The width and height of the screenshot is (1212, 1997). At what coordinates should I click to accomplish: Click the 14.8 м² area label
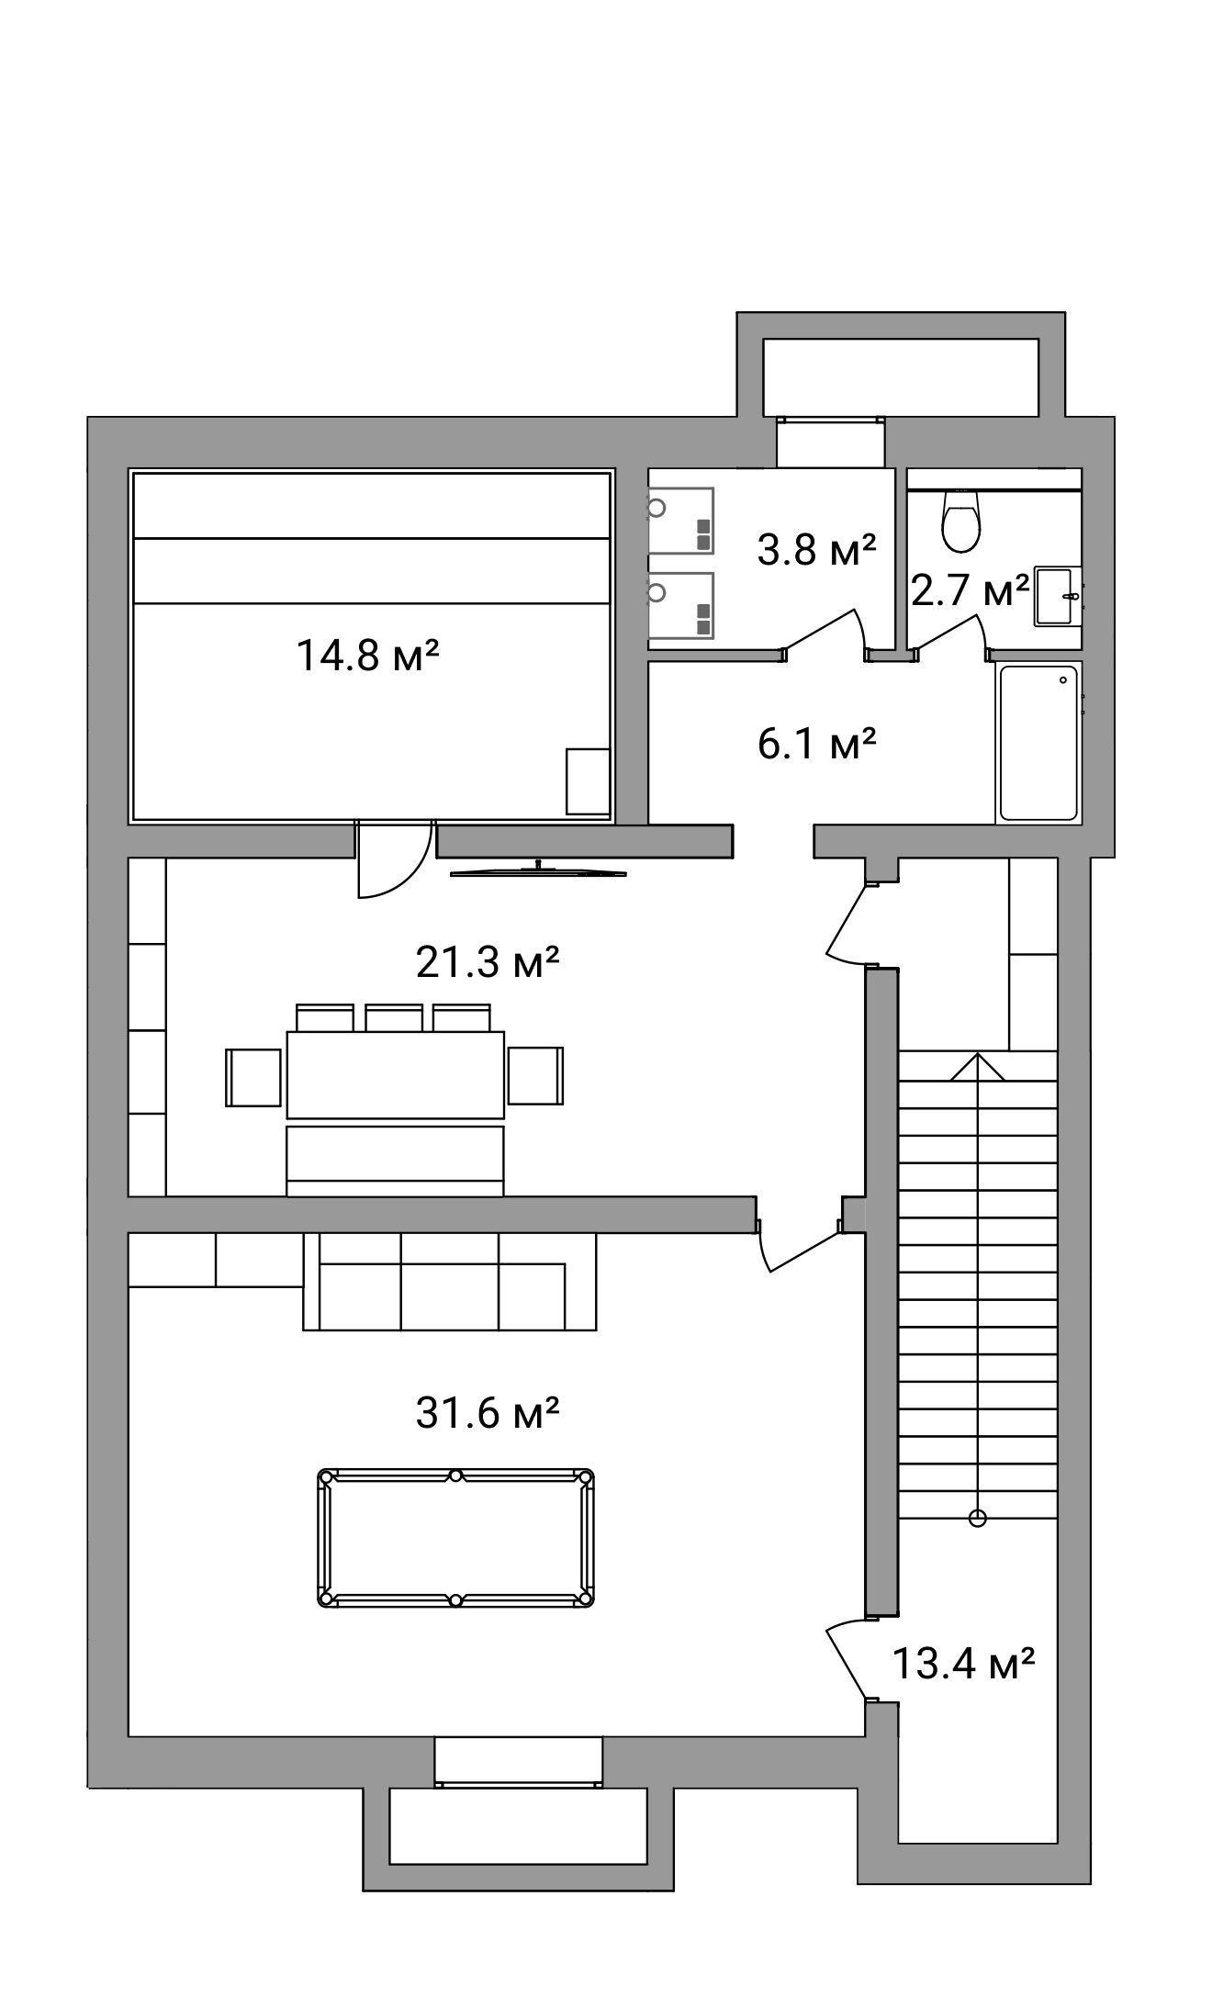367,656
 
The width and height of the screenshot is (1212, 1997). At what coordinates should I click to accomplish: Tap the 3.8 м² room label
816,549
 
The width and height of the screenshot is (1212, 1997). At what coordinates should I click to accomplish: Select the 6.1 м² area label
816,743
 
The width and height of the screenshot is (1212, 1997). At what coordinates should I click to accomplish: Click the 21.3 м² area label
488,962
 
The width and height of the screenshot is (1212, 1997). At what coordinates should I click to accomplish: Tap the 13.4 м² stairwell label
964,1663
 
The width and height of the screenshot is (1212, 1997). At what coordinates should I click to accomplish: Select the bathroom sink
1058,597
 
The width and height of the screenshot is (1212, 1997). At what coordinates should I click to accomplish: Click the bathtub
1038,743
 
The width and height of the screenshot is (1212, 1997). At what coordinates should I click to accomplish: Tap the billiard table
455,1538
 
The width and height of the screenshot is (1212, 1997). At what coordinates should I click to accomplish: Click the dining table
396,1074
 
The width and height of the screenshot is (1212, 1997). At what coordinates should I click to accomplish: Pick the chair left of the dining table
253,1077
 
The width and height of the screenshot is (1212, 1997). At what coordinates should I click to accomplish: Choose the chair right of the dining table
535,1075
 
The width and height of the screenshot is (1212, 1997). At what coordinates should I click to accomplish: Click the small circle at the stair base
978,1519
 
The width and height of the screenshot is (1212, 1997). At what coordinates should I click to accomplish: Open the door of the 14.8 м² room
394,858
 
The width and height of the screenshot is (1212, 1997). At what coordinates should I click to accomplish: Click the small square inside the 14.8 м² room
588,781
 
